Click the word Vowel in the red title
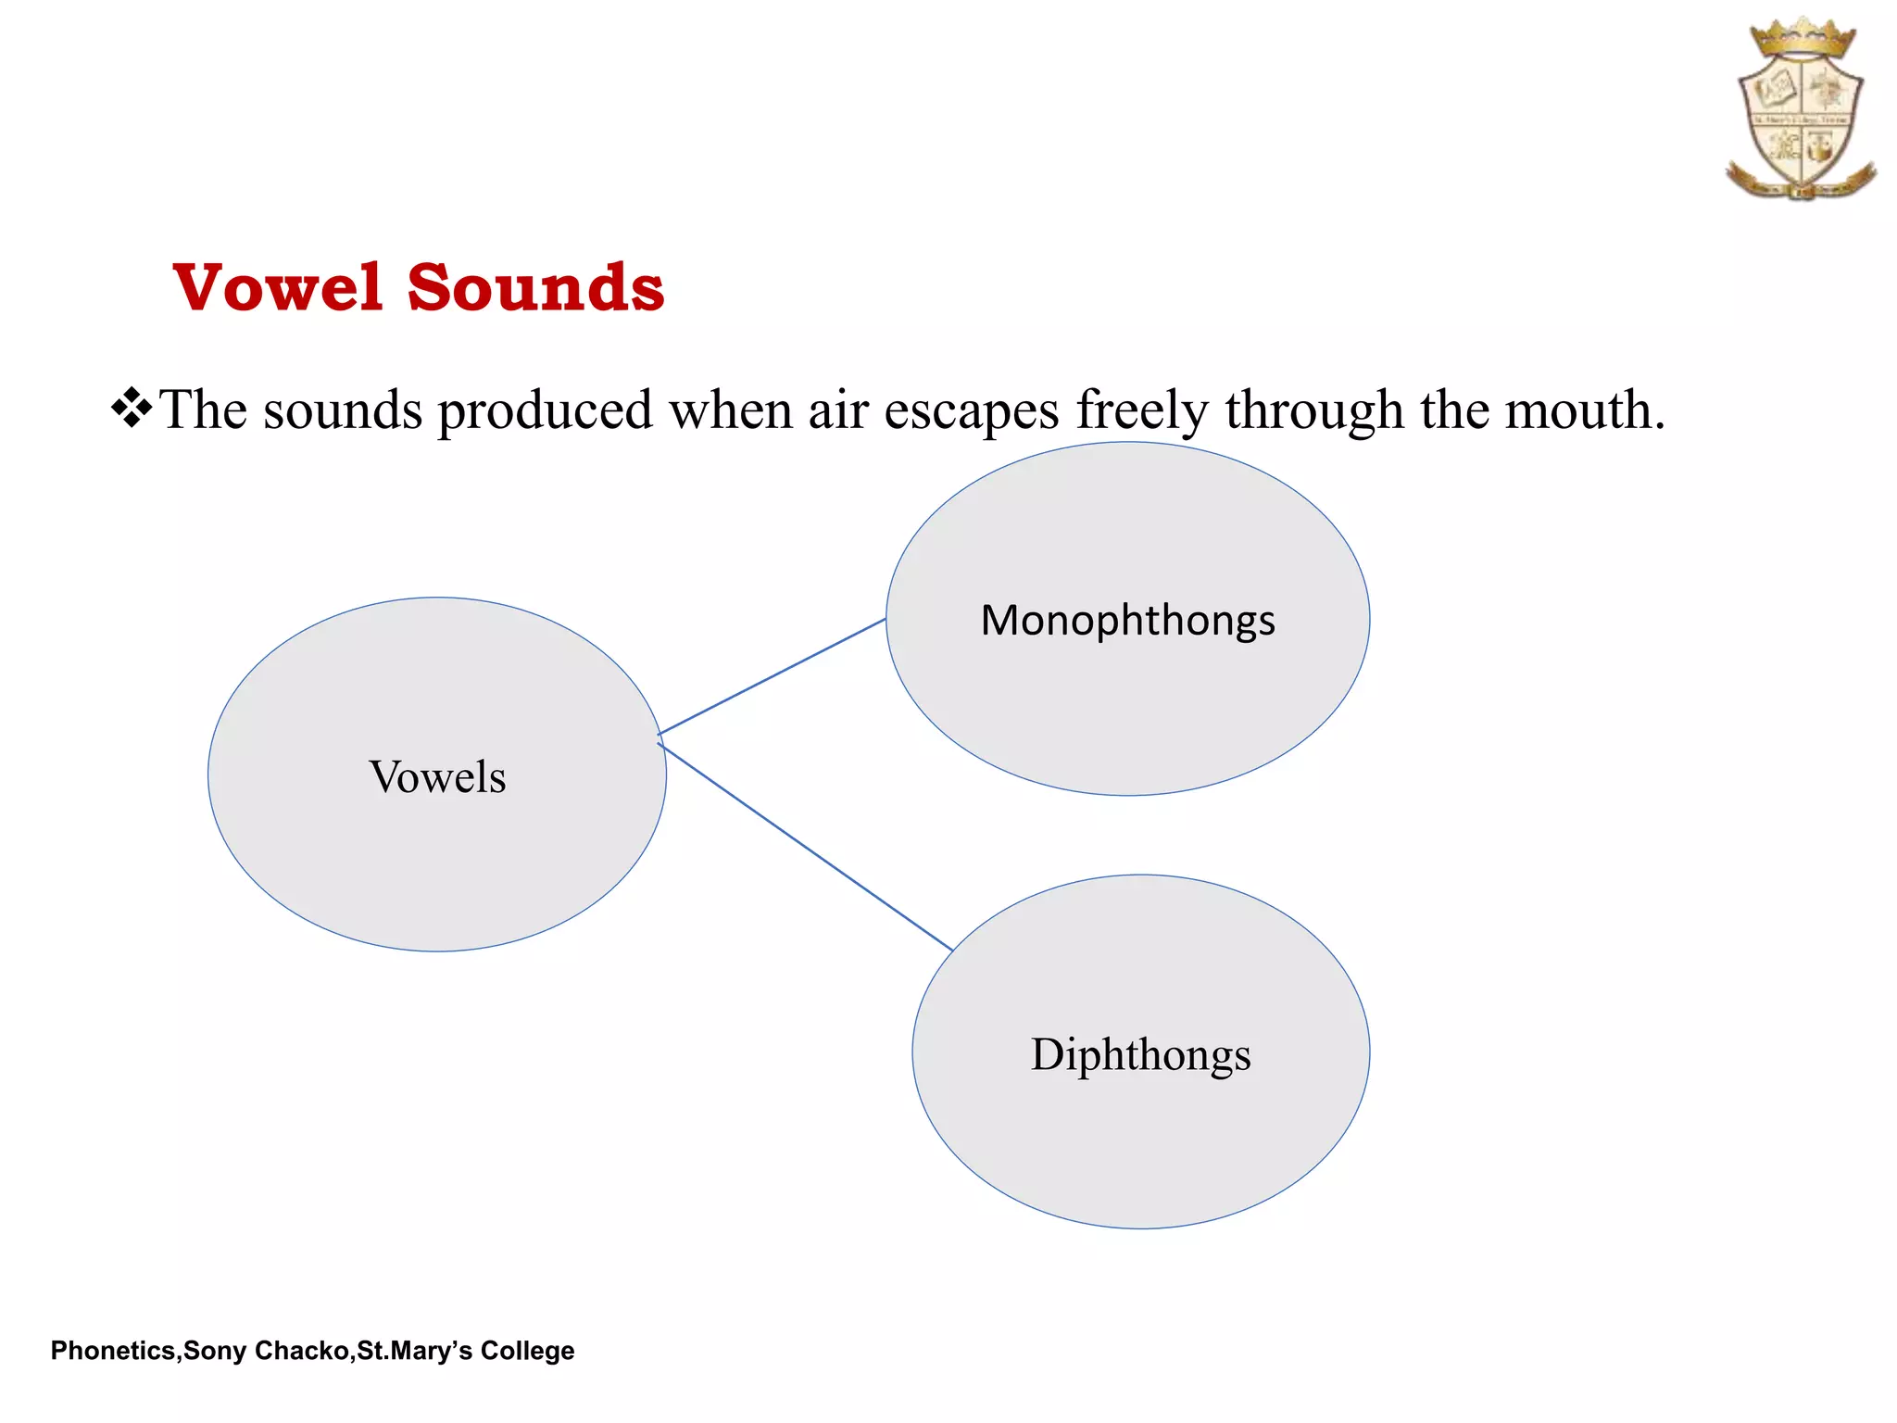coord(278,287)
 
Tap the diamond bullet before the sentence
coord(132,409)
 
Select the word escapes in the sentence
coord(971,410)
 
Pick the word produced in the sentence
coord(546,410)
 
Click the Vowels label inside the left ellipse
coord(437,776)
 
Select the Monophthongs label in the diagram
coord(1127,620)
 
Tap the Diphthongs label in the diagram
coord(1140,1054)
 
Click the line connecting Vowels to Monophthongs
coord(772,676)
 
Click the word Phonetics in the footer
coord(112,1351)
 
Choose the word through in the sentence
coord(1314,410)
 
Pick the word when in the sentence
coord(731,410)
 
